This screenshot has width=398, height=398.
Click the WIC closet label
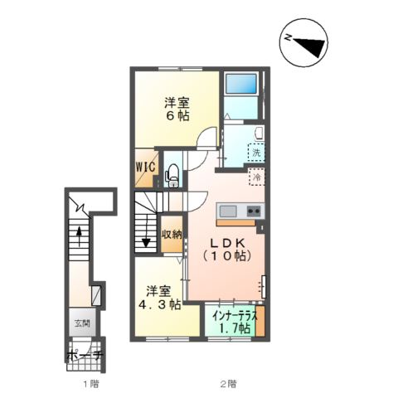click(x=144, y=167)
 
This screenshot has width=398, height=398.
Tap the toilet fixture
click(x=172, y=176)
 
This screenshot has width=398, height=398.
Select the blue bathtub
click(x=241, y=84)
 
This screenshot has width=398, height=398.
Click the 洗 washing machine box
click(x=256, y=153)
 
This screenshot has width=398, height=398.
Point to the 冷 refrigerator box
click(x=257, y=177)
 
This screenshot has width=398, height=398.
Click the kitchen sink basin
click(x=228, y=211)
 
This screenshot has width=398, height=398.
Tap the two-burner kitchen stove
click(x=254, y=211)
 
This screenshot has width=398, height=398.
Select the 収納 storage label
click(x=172, y=235)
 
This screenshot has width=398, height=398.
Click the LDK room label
click(x=228, y=243)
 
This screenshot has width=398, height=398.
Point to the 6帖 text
click(x=177, y=116)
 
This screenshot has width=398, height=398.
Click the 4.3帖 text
click(x=160, y=304)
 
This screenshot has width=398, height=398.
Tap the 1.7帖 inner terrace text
click(x=235, y=328)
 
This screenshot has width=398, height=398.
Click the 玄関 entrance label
click(x=82, y=323)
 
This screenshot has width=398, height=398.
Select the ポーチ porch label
click(x=85, y=356)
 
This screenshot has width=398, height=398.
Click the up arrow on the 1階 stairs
click(x=79, y=235)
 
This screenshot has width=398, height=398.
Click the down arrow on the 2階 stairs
click(x=146, y=231)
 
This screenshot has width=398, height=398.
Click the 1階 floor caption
click(x=91, y=384)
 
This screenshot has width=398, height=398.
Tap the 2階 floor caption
click(x=228, y=384)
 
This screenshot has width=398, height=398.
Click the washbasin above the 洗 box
click(x=260, y=133)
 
